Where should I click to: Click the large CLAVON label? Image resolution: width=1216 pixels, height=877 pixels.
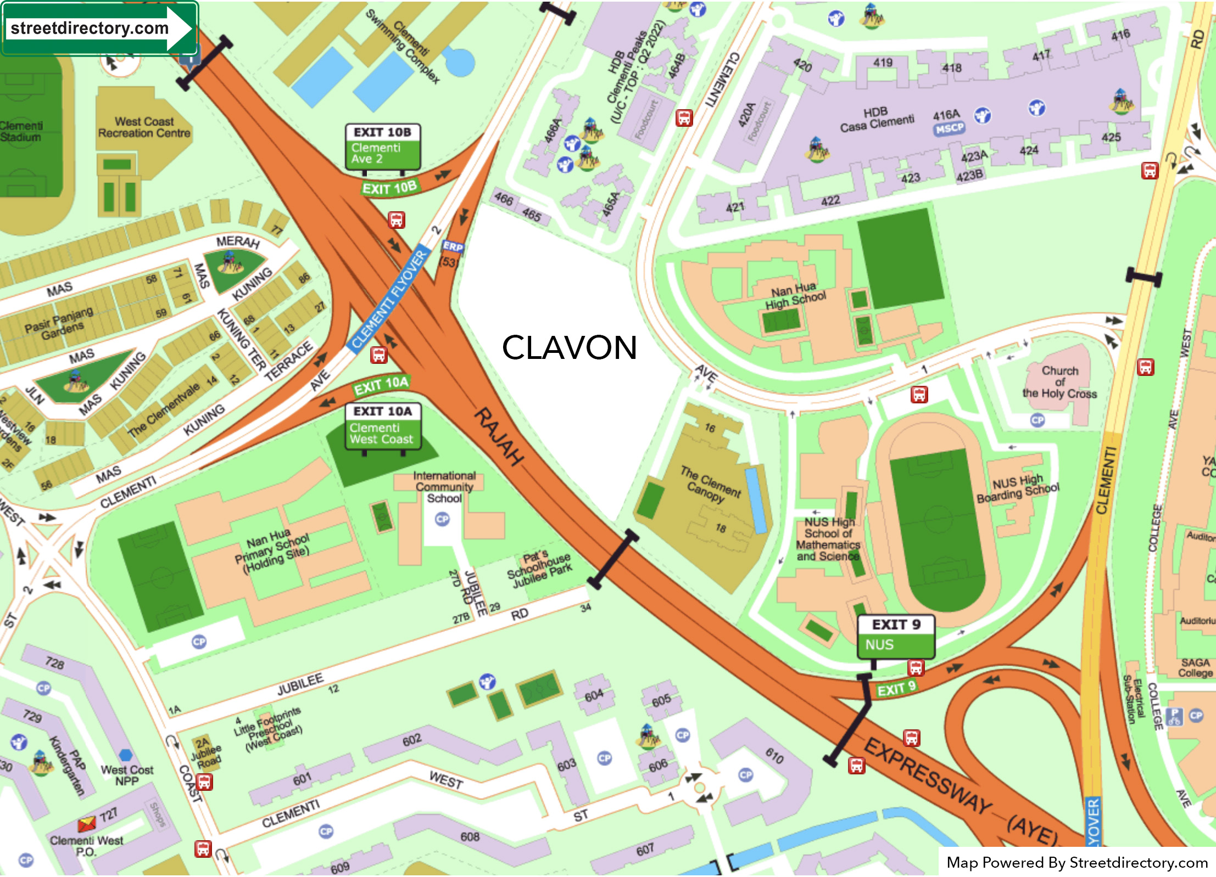click(570, 347)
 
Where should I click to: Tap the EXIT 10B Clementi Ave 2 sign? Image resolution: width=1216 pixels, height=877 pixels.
click(383, 147)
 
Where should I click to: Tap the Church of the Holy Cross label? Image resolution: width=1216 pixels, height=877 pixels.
click(1059, 382)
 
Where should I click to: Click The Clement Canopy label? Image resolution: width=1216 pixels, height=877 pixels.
click(711, 482)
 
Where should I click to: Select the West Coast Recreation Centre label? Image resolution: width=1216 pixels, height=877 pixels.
click(144, 127)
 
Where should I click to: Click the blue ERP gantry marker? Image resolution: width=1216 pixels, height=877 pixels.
click(453, 246)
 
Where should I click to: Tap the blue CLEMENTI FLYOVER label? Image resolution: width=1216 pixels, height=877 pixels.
click(389, 299)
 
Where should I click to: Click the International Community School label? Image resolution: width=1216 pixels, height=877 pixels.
click(444, 487)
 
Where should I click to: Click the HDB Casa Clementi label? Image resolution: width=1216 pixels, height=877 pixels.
click(877, 120)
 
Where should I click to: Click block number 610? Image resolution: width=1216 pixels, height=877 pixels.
click(774, 756)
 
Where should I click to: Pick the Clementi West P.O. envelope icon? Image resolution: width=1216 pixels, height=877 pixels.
click(86, 824)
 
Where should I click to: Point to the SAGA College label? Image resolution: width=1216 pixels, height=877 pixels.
click(1195, 667)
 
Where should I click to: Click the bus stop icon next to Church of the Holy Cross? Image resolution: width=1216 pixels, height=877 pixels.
click(1145, 367)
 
